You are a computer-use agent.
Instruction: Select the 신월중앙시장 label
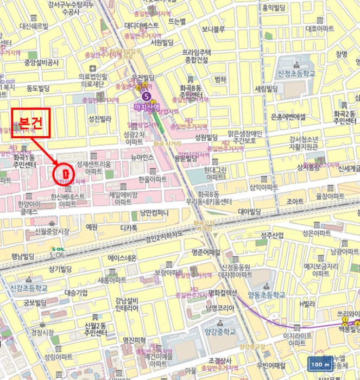pyautogui.click(x=53, y=231)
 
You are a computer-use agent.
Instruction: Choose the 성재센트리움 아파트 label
pyautogui.click(x=93, y=167)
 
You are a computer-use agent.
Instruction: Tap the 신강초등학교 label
pyautogui.click(x=29, y=287)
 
